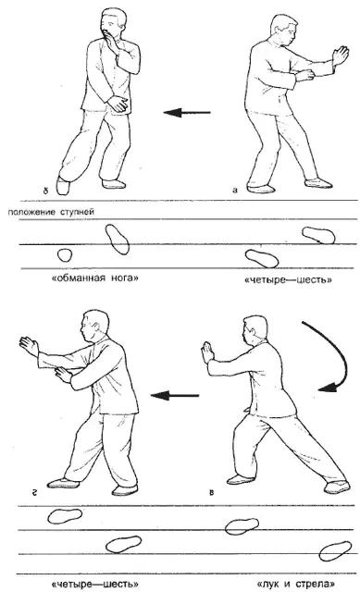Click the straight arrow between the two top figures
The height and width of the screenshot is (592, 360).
[187, 112]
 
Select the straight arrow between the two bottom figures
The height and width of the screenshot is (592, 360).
[175, 395]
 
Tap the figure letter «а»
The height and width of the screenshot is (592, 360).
[235, 190]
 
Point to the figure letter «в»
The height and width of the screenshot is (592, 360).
[212, 492]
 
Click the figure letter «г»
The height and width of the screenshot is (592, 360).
[34, 492]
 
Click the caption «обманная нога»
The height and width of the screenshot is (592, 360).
[94, 278]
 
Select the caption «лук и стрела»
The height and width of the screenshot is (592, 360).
[295, 584]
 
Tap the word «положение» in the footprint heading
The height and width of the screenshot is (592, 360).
[31, 212]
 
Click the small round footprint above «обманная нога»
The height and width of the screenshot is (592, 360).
[65, 255]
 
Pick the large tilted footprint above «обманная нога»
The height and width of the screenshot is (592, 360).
[118, 240]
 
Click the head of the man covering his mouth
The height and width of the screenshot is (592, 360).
[113, 23]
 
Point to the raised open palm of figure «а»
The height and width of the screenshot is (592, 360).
[341, 55]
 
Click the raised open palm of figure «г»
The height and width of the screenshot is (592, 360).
[29, 345]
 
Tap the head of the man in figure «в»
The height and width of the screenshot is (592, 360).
[254, 329]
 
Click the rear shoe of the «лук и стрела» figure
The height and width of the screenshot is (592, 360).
[338, 487]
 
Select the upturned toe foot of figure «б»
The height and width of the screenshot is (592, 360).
[63, 186]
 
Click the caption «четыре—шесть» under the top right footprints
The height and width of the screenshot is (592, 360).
[288, 280]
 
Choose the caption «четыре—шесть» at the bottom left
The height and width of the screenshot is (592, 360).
[94, 584]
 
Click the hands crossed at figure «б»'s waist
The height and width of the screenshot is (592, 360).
[118, 103]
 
